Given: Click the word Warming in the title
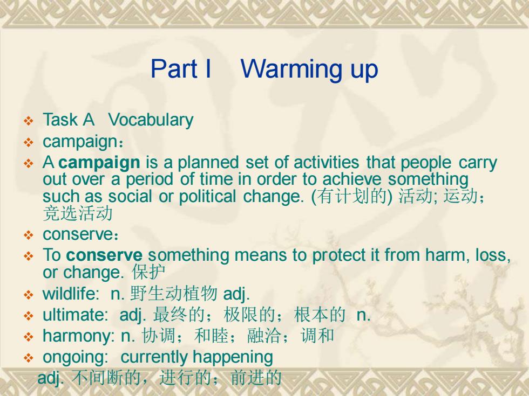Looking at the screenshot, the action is [292, 69].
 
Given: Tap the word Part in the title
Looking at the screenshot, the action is [174, 69].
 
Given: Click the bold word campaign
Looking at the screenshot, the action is [99, 163].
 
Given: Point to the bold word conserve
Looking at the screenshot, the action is [104, 255].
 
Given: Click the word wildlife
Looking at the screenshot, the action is [71, 294].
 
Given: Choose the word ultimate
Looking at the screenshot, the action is [75, 315].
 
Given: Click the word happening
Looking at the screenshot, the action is [233, 358].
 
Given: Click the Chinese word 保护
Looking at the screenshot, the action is [148, 272].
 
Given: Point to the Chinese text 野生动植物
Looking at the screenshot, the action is [173, 293].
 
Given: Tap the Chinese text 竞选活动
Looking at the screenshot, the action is [78, 213].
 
